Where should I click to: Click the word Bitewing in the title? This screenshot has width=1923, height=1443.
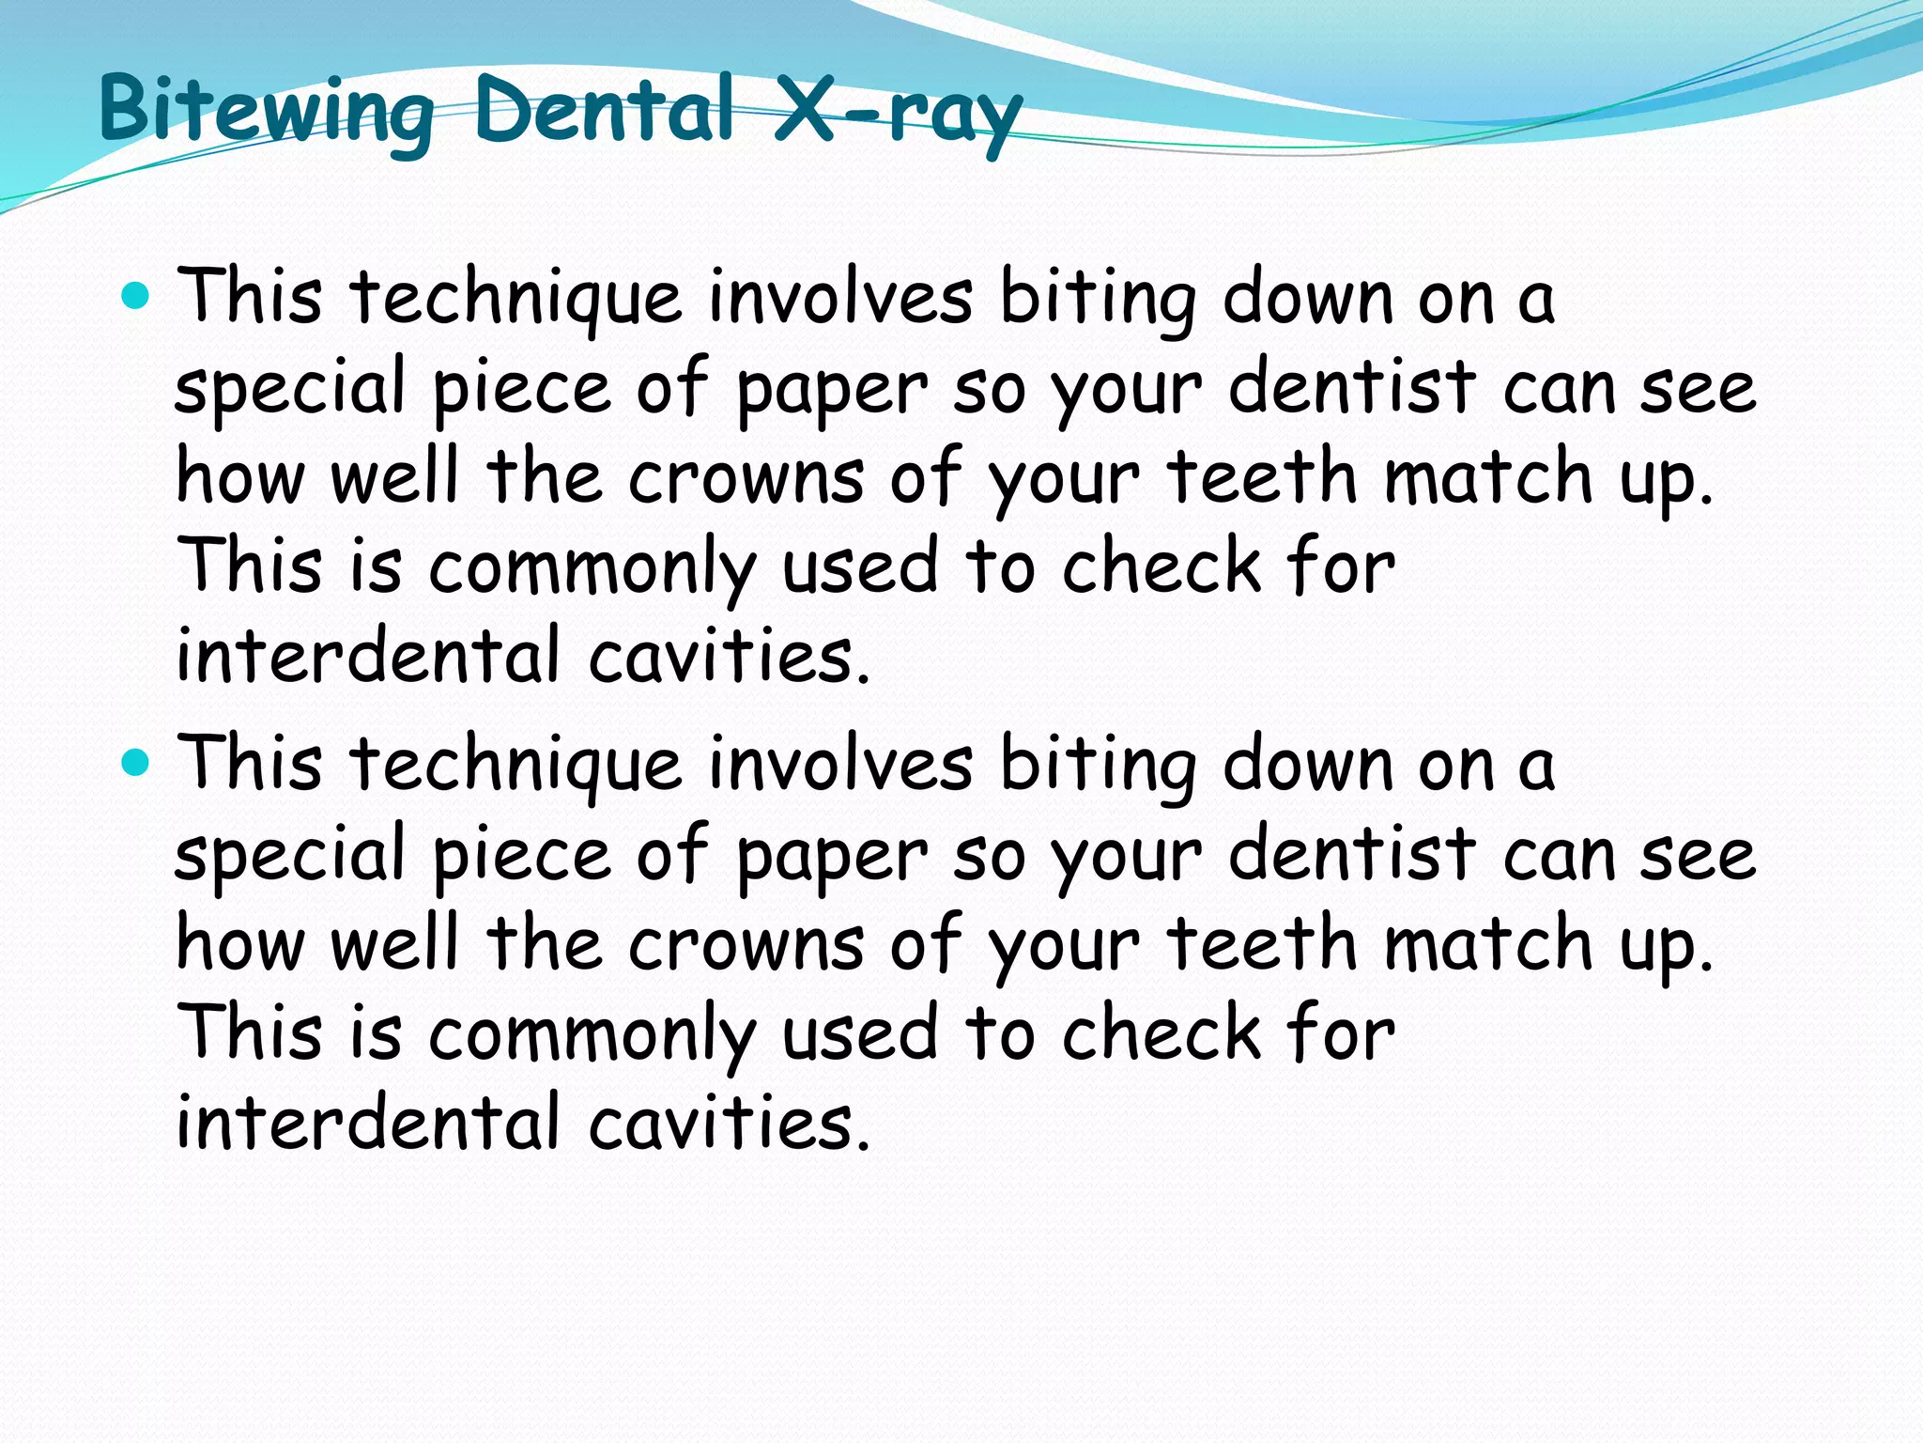266,111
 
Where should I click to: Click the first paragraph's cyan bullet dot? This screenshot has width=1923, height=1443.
136,297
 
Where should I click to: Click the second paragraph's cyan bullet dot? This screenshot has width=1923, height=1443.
136,763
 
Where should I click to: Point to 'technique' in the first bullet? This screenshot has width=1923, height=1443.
515,297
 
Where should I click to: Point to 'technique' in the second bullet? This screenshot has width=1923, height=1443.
515,764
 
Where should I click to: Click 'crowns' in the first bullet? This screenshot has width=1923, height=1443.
746,476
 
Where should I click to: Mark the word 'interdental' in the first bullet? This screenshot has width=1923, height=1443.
368,655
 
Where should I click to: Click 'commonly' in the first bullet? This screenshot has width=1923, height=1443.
592,566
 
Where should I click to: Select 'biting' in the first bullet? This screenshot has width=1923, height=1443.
1098,297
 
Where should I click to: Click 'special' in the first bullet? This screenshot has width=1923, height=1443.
290,388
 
